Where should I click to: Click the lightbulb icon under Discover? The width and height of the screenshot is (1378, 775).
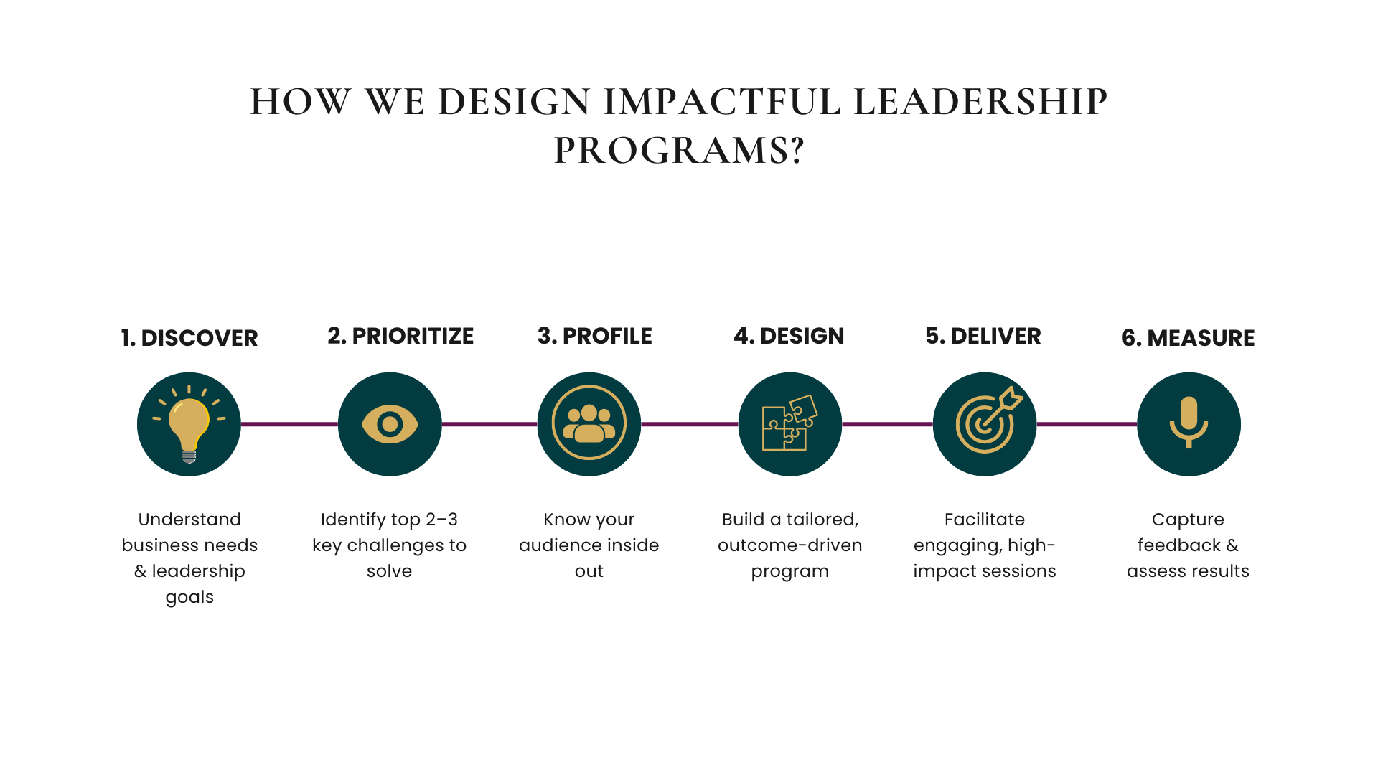coord(189,424)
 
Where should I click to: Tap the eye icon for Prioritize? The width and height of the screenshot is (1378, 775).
coord(390,424)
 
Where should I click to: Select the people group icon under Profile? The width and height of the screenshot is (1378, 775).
coord(589,423)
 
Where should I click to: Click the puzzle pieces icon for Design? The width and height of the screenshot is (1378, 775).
coord(789,423)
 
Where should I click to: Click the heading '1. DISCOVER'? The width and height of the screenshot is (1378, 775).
coord(189,338)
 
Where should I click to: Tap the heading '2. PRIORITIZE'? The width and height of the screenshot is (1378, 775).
coord(400,336)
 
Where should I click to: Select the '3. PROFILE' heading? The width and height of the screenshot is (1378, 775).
coord(595,336)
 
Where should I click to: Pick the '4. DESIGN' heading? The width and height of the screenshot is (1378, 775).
coord(789,336)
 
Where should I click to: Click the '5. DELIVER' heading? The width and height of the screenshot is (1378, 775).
coord(983,336)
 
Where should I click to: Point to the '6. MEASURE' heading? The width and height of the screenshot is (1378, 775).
coord(1189,338)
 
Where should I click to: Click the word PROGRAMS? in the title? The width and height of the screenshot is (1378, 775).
coord(679,151)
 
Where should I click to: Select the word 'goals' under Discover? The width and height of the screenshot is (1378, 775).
coord(189,598)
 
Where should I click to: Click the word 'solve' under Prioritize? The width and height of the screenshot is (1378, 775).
coord(390,571)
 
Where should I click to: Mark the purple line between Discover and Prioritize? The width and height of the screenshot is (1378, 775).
coord(289,424)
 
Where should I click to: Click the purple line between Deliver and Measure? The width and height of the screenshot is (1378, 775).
coord(1087,424)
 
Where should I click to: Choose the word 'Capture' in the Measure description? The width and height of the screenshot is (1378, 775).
coord(1188,520)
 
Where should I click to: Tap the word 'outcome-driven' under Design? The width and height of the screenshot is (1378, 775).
coord(789,545)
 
